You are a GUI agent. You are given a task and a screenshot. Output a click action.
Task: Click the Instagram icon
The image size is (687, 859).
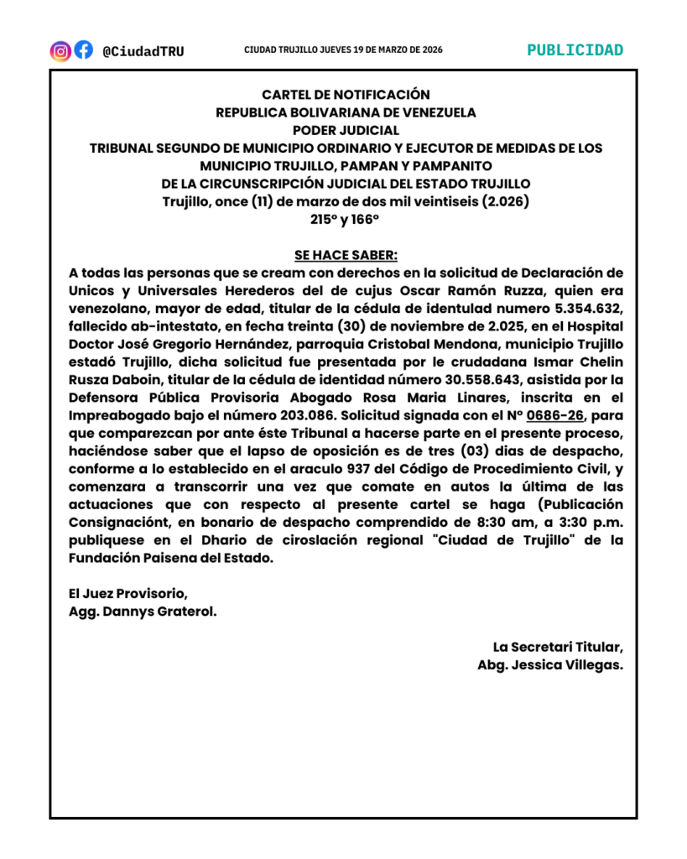[60, 50]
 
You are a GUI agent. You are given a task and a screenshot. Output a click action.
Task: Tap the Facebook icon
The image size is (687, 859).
[83, 50]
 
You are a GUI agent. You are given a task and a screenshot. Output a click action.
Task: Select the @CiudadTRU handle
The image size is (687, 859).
[143, 51]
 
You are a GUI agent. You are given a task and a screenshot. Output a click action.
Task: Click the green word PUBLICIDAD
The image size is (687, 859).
[575, 49]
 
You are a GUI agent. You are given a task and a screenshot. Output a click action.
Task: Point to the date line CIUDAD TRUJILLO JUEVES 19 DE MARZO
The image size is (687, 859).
[343, 50]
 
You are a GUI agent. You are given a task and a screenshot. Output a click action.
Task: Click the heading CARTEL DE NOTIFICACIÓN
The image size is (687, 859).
[346, 95]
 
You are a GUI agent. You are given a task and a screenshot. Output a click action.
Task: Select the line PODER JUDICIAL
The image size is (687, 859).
[346, 130]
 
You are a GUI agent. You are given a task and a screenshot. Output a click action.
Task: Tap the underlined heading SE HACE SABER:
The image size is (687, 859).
[346, 255]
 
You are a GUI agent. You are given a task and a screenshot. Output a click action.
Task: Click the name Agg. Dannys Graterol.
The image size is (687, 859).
[143, 612]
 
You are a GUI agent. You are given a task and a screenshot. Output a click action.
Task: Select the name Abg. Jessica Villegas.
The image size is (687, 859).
[549, 664]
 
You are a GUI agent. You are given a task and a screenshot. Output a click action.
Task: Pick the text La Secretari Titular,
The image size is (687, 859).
[558, 647]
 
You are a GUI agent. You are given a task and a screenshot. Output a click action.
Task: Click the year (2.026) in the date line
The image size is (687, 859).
[500, 201]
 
